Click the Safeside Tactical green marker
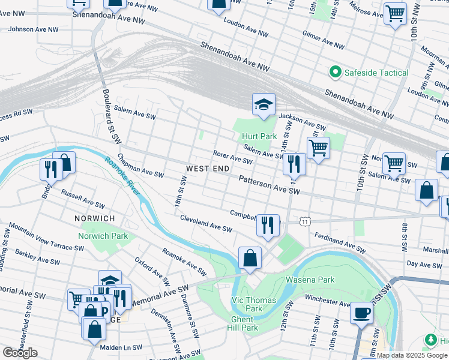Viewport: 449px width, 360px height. [x=334, y=73]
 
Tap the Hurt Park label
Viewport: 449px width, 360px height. [x=259, y=136]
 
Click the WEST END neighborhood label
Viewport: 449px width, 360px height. [x=208, y=169]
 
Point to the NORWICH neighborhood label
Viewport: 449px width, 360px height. [x=94, y=218]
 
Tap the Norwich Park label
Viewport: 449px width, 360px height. [x=103, y=236]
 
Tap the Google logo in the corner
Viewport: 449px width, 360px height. [x=19, y=352]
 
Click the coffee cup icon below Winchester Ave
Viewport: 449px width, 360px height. [x=361, y=313]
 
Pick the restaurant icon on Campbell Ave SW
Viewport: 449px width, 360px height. [x=268, y=226]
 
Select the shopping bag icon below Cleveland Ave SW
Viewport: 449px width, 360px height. [x=250, y=259]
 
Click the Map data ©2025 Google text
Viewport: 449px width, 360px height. [x=412, y=355]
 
